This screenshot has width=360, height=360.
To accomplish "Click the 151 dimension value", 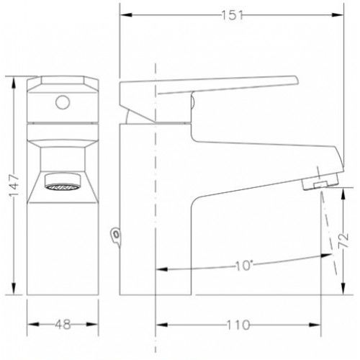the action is (x=232, y=15).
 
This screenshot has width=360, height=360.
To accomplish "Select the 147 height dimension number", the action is (x=14, y=185).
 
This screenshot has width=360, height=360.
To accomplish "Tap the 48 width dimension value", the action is (x=63, y=324).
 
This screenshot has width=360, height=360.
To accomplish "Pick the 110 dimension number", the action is (x=238, y=325).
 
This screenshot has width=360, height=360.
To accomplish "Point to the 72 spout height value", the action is (x=343, y=240).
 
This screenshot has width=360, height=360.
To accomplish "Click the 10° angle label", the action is (x=244, y=266).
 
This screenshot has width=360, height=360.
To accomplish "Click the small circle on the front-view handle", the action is (x=63, y=102).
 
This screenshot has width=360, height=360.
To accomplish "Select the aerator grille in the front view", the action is (x=63, y=186).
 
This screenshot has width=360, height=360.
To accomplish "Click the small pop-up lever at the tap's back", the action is (x=116, y=236).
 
